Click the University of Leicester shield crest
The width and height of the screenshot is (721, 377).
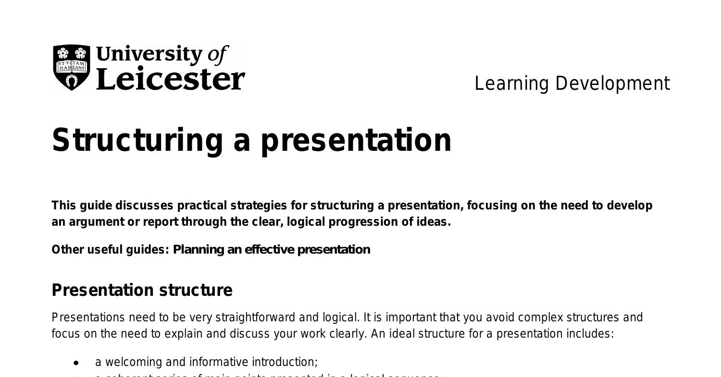click(72, 67)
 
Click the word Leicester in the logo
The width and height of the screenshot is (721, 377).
click(171, 79)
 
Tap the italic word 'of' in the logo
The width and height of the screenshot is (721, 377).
click(217, 55)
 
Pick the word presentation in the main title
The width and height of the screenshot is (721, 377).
click(356, 140)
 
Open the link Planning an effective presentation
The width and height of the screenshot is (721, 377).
click(272, 250)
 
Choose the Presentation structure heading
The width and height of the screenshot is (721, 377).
click(142, 291)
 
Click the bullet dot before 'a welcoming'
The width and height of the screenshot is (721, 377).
click(76, 363)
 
